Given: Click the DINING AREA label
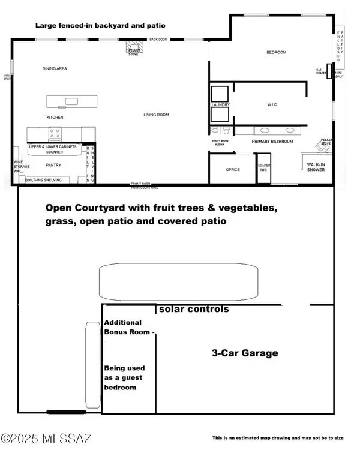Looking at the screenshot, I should (x=54, y=69).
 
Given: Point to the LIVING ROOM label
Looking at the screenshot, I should (x=156, y=115).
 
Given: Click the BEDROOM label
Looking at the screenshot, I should (x=277, y=53).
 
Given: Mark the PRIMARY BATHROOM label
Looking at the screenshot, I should (x=272, y=142).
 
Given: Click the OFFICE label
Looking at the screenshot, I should (x=233, y=170).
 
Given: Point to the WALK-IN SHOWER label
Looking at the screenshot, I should (x=316, y=167).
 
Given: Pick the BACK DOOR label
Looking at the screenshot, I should (x=158, y=39).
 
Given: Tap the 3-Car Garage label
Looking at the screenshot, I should (x=245, y=353).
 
